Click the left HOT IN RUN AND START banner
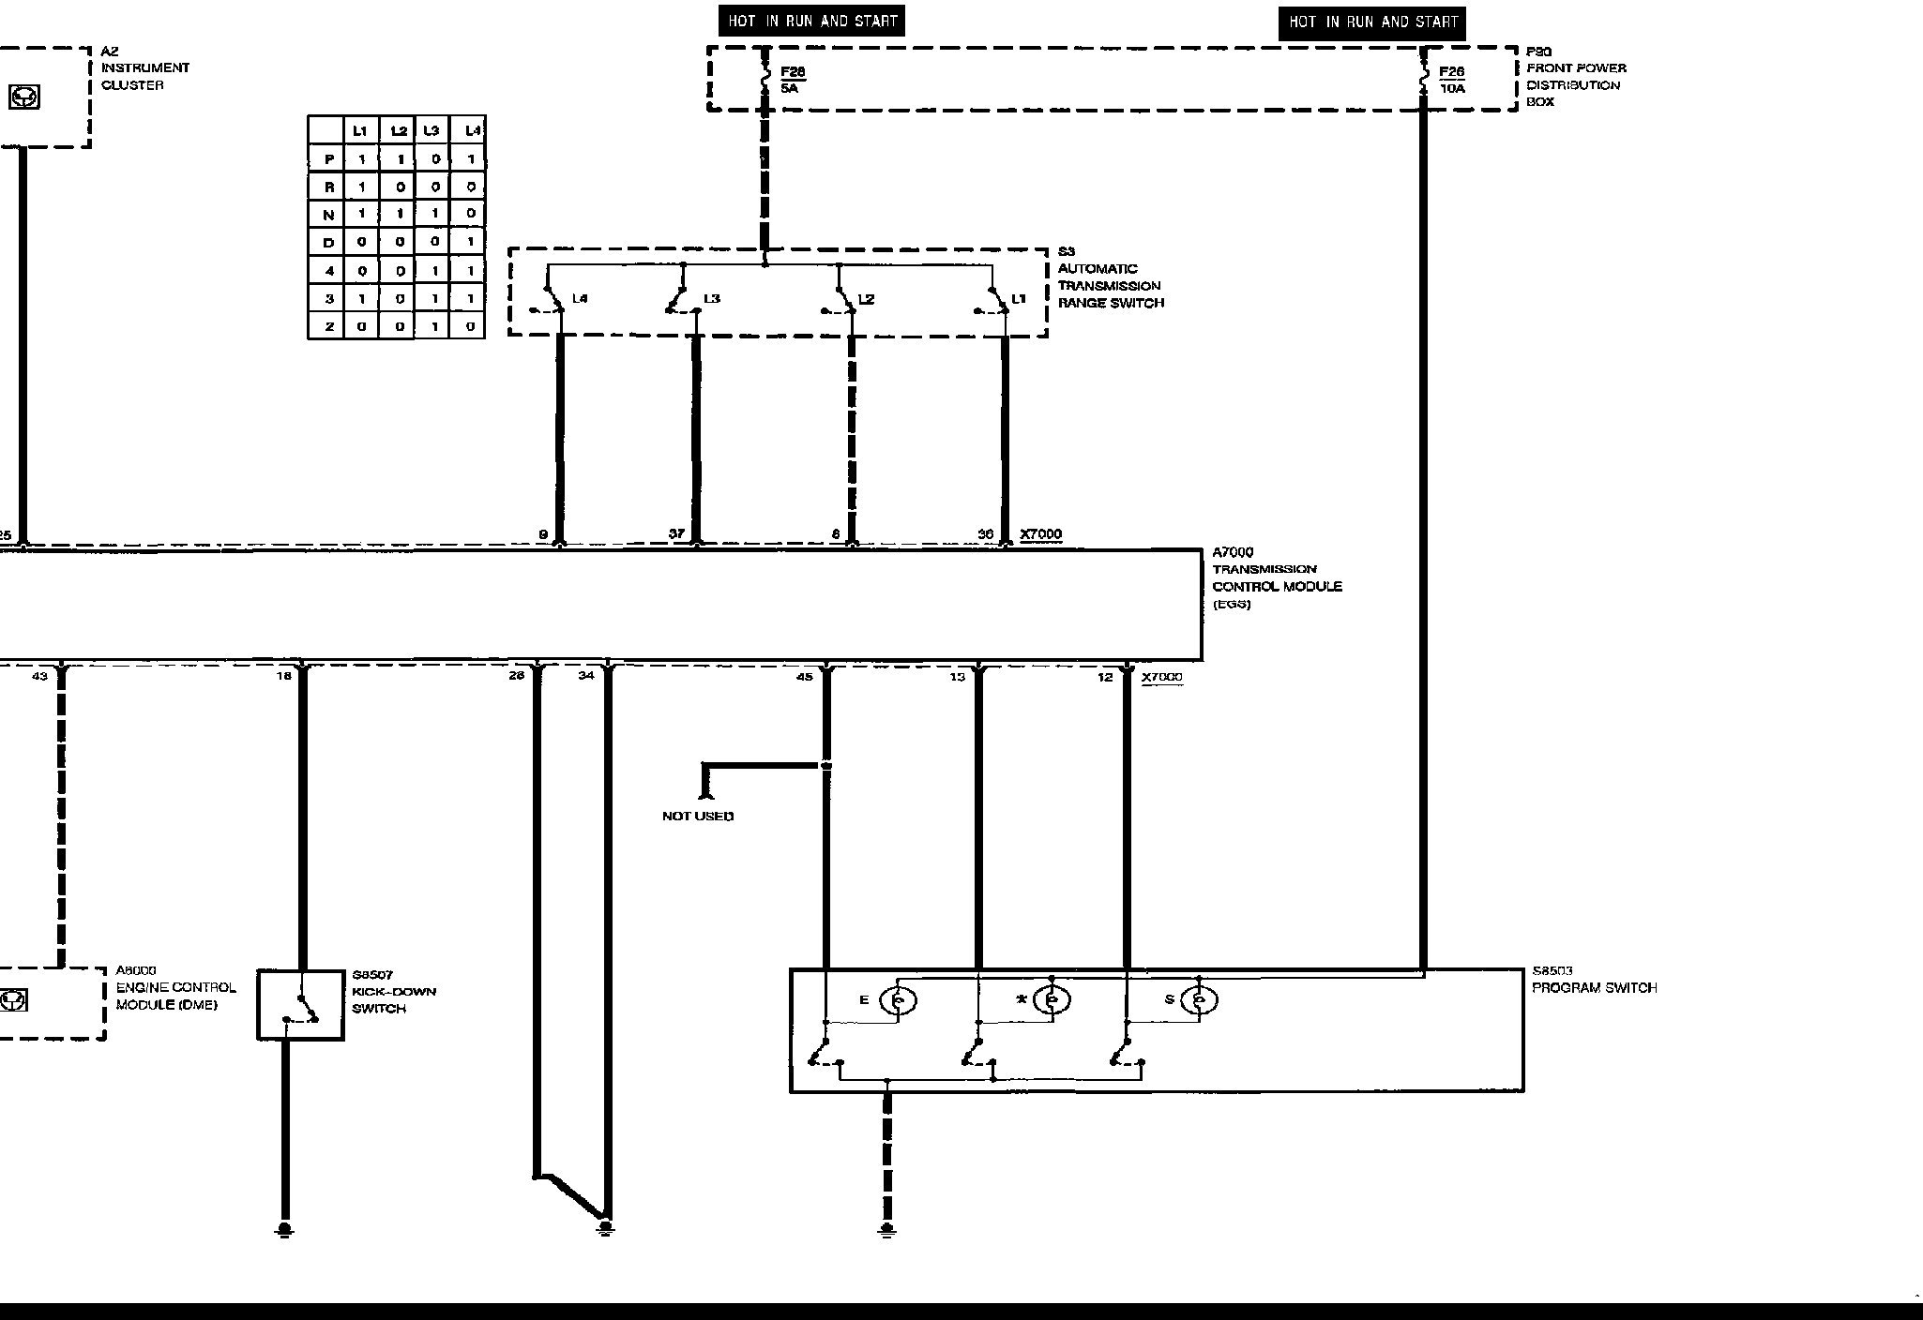click(812, 21)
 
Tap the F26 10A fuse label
click(1451, 80)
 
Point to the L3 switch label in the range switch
click(712, 299)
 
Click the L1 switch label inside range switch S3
click(1019, 299)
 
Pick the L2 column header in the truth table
click(399, 131)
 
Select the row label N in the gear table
click(328, 215)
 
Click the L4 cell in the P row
click(471, 159)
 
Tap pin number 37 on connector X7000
click(676, 534)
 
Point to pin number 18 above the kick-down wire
click(284, 675)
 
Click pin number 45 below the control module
click(804, 676)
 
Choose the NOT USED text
click(698, 816)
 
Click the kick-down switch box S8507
click(301, 1005)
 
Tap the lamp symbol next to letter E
click(898, 1001)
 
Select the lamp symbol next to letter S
click(1199, 1001)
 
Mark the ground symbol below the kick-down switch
click(284, 1230)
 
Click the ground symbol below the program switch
click(887, 1230)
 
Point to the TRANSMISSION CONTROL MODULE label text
click(1277, 577)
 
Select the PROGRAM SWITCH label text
click(1594, 988)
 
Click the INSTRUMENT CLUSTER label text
click(144, 76)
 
